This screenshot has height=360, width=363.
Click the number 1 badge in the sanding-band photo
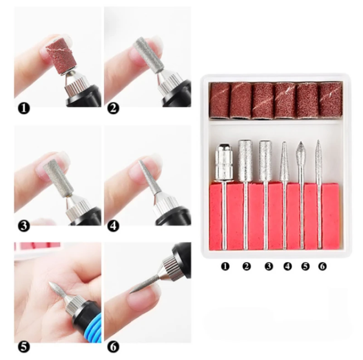pos(24,109)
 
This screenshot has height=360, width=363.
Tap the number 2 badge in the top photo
pos(113,109)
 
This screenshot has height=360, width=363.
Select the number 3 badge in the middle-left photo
pos(24,226)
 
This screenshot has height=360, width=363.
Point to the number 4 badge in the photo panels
pos(113,226)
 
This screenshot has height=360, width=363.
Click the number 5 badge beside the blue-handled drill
pos(24,347)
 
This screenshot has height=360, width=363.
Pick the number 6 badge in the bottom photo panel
pos(113,347)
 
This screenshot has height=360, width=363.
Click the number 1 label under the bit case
pos(225,266)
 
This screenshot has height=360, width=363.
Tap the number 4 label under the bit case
pos(287,266)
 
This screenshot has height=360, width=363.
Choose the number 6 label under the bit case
pos(322,266)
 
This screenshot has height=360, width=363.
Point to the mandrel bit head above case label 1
pos(224,162)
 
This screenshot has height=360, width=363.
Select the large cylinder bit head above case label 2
pos(245,160)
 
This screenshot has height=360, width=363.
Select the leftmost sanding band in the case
pos(220,100)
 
